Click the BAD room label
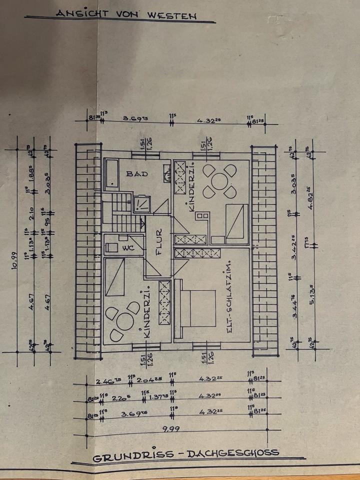pos(136,174)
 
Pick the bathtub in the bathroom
pos(111,174)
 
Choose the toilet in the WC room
pos(112,247)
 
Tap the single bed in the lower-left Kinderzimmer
pos(117,278)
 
